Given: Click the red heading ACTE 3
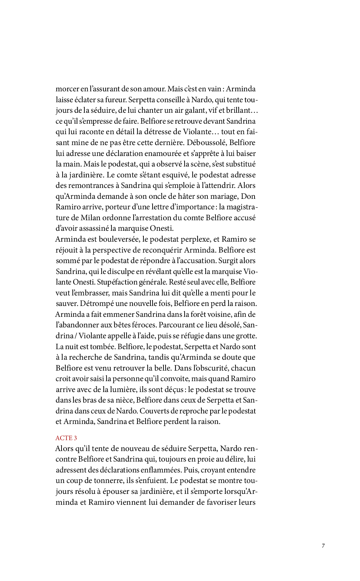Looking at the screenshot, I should [66, 438].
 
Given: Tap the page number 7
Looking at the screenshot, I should [323, 546].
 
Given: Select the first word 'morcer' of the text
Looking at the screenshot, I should [67, 89].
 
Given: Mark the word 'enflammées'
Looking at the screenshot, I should [161, 470].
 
